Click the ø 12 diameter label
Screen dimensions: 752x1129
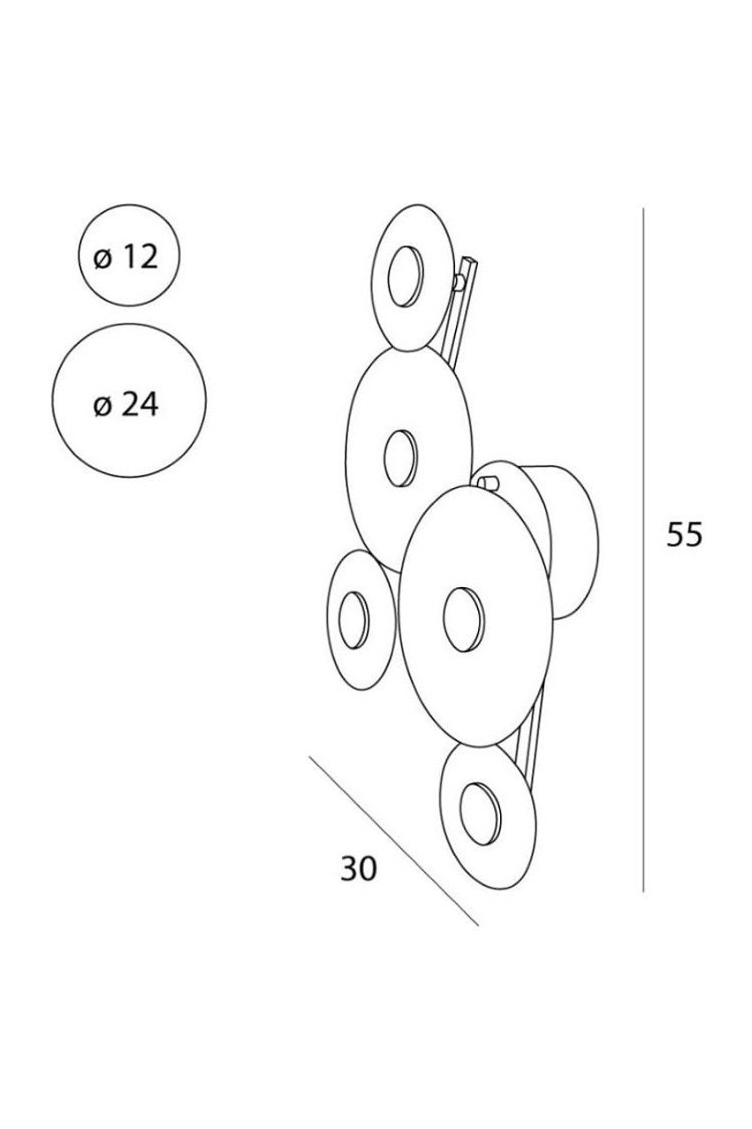click(125, 257)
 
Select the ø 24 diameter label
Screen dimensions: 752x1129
click(125, 404)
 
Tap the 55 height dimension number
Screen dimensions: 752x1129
click(683, 534)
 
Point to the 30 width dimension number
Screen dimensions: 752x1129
click(359, 868)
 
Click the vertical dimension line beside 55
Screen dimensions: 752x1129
click(643, 550)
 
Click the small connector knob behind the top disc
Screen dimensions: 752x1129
click(459, 282)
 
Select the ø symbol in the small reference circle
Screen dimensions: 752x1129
click(102, 260)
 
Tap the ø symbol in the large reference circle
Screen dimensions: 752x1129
click(102, 408)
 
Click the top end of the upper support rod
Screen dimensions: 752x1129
click(471, 261)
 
